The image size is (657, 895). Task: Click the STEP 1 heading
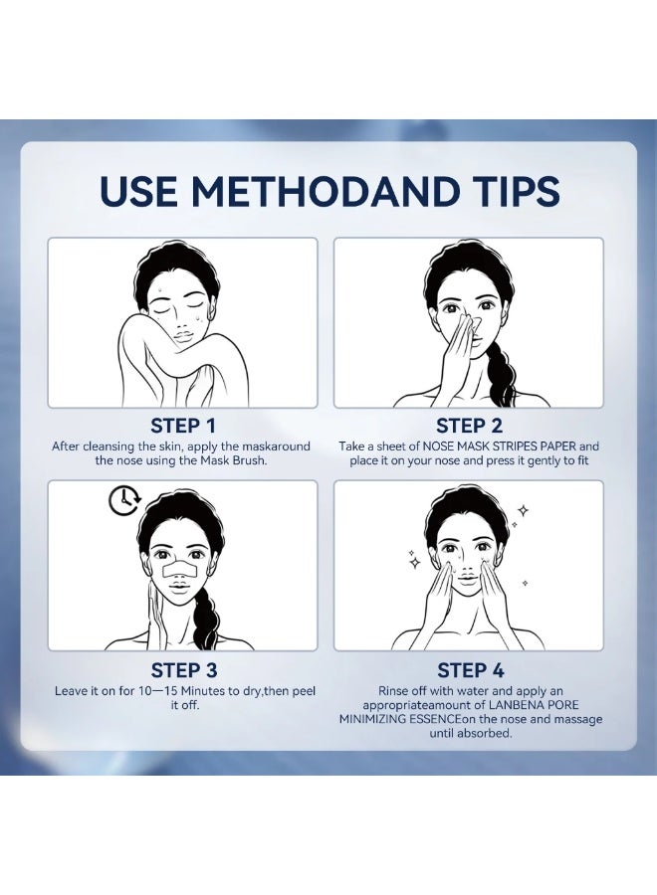183,426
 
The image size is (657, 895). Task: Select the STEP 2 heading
469,426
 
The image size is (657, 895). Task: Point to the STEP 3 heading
184,670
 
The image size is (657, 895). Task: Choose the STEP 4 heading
471,670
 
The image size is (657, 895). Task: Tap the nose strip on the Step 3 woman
180,570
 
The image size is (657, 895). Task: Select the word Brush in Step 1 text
249,460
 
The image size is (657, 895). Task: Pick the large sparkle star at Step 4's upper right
523,510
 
